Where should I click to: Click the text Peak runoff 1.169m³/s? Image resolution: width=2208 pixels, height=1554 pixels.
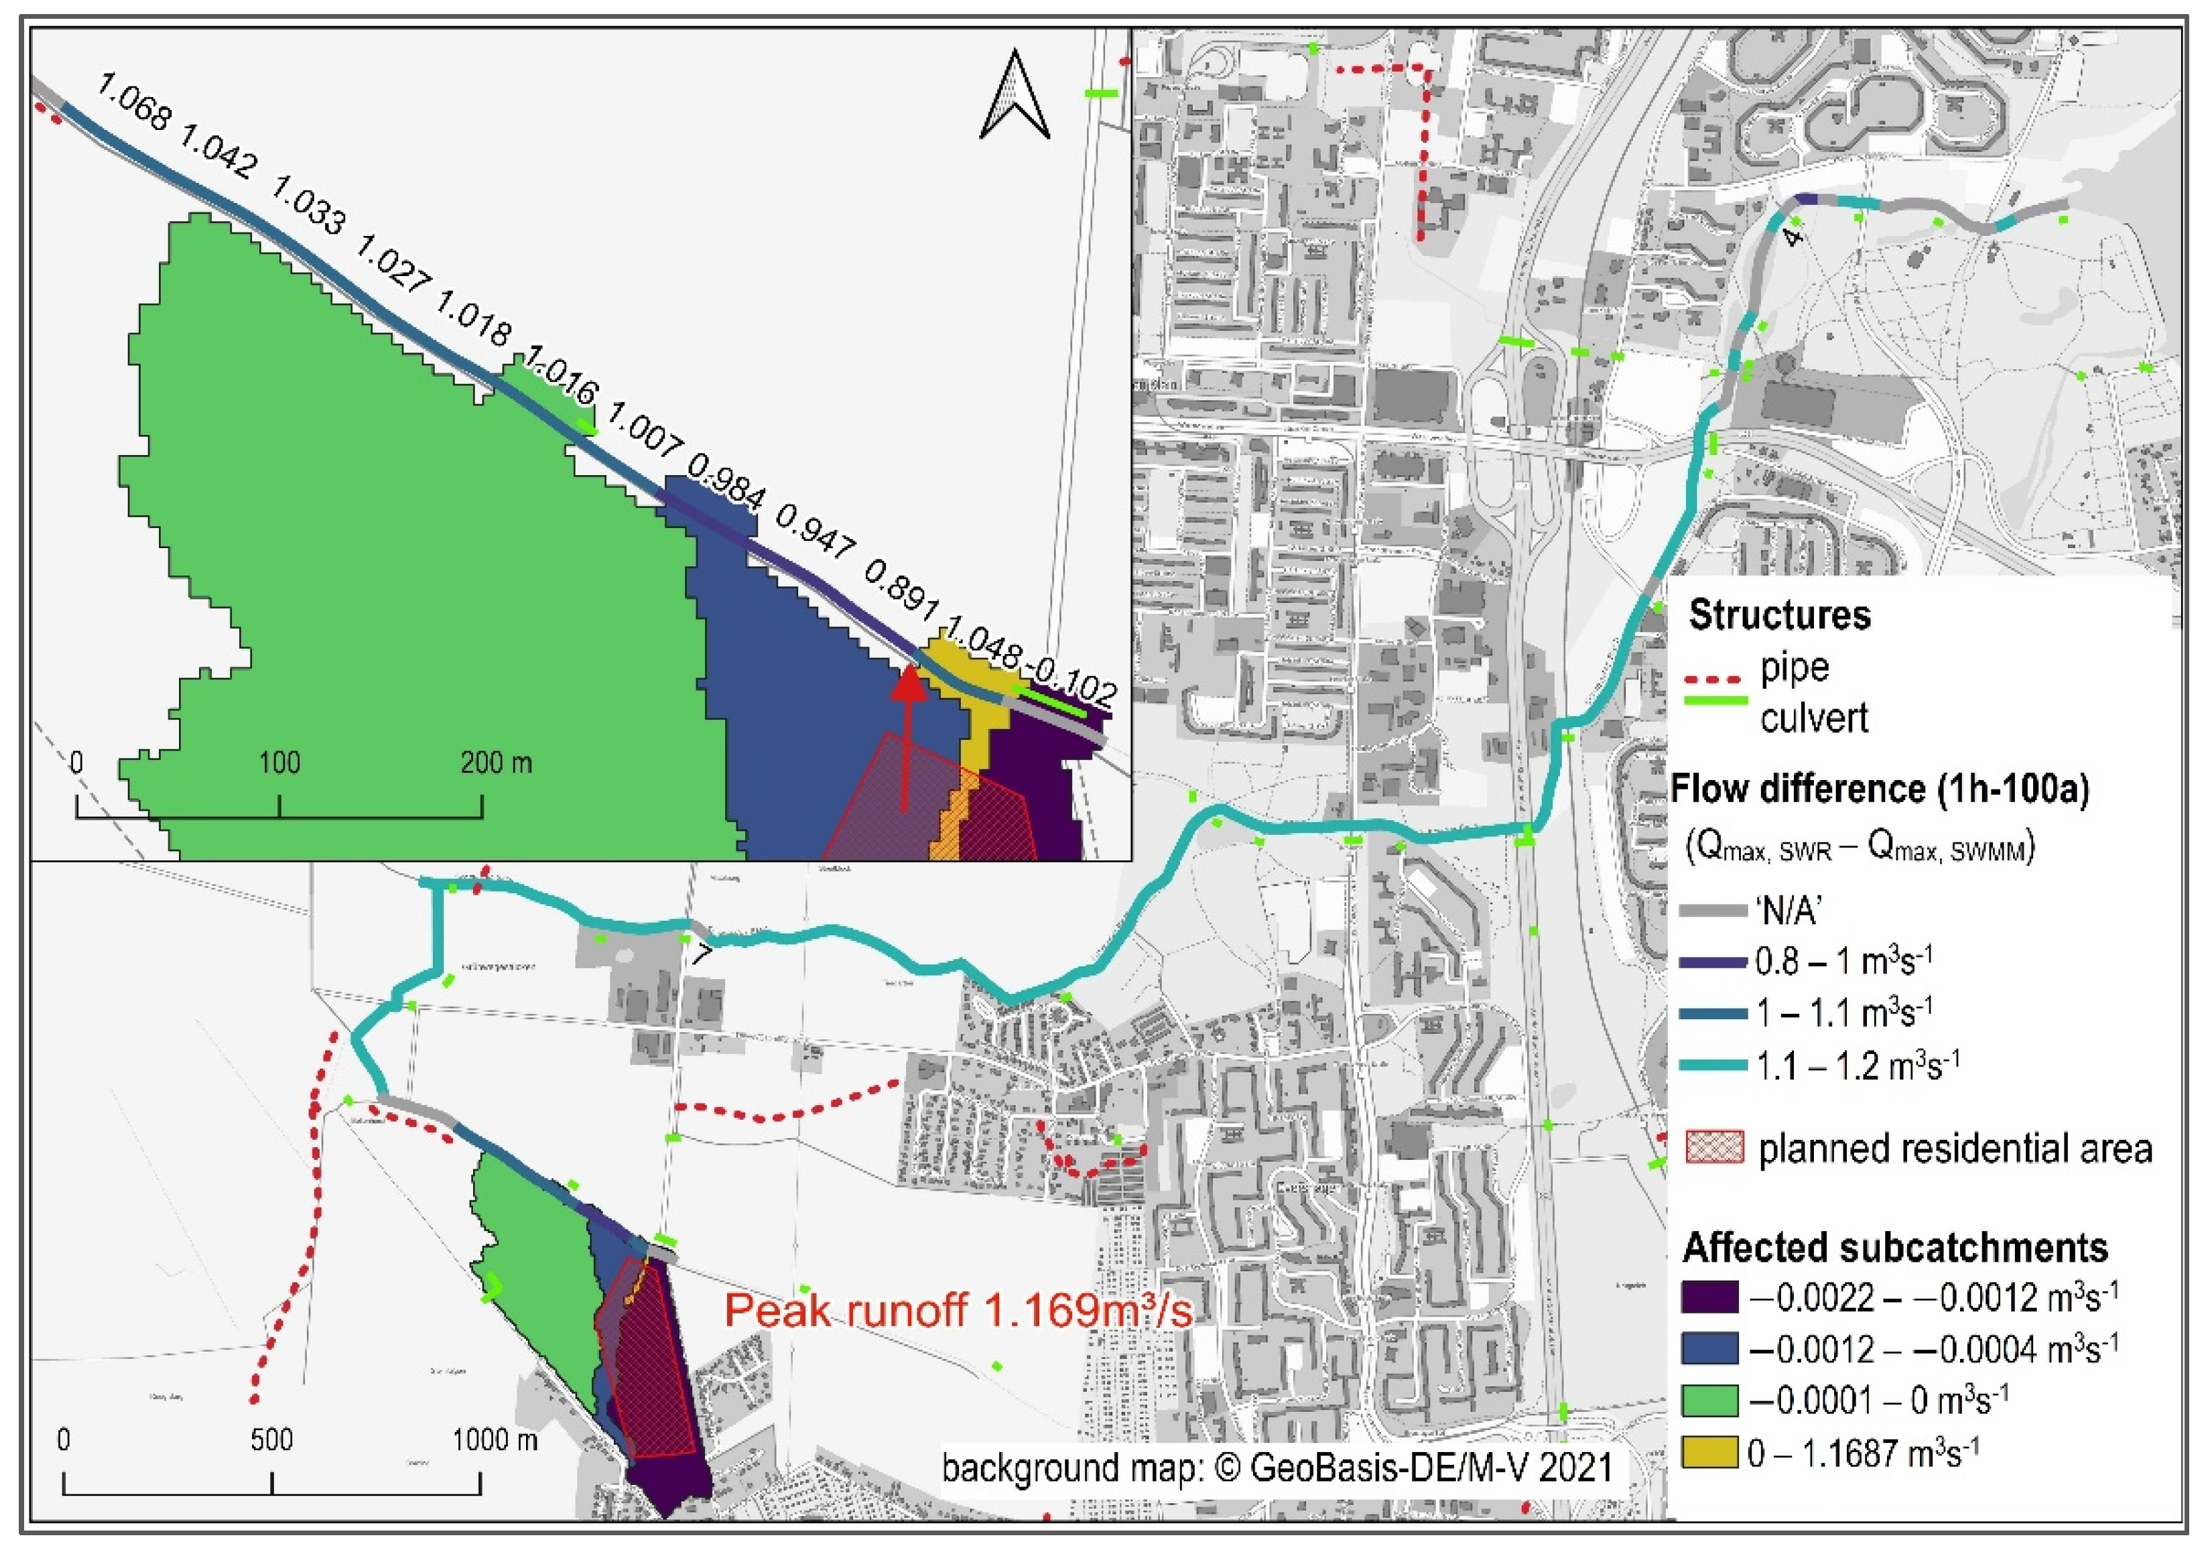[958, 1311]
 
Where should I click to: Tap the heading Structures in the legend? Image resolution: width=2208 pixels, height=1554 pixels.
[1779, 615]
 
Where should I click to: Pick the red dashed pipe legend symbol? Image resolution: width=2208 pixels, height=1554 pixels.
[1715, 682]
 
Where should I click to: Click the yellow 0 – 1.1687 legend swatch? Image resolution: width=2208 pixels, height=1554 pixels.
[1710, 1453]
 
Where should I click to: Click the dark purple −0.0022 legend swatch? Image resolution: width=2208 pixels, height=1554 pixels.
[1710, 1297]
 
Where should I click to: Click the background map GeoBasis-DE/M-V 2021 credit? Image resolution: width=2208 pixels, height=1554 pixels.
[1276, 1468]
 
